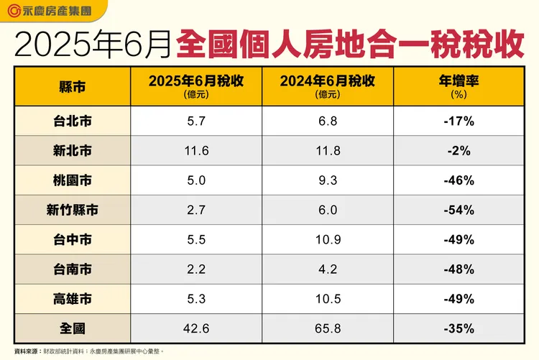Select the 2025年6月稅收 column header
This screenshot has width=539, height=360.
(195, 86)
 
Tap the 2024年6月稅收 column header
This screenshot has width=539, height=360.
(328, 86)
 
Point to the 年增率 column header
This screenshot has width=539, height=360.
(459, 86)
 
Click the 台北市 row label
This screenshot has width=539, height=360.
(72, 121)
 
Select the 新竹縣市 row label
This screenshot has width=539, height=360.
(72, 211)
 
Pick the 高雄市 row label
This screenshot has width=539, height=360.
(72, 299)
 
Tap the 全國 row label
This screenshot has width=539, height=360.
(72, 328)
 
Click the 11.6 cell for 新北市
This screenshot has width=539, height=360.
(195, 151)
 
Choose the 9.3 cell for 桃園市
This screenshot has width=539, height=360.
(328, 180)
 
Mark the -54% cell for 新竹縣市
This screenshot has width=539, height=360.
(459, 211)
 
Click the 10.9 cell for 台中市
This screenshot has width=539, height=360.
(328, 240)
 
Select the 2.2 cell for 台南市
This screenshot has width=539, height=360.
(195, 269)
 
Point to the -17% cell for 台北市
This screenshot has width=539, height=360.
(459, 121)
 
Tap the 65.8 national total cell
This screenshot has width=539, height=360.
(328, 328)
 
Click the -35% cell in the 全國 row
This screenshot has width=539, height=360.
(459, 328)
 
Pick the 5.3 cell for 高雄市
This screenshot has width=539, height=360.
(195, 299)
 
